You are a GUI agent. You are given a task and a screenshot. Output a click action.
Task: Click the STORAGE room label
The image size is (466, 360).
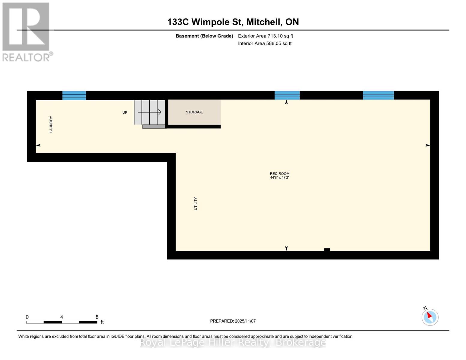tap(194, 112)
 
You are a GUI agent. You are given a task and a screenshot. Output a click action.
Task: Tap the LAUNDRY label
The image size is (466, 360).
tap(51, 124)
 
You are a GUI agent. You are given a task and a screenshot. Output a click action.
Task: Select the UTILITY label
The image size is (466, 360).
tap(196, 203)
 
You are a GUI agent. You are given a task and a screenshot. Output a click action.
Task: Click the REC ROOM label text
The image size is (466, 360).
tap(279, 173)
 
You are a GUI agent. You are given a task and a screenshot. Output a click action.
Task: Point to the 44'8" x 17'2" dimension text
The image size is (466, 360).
tap(279, 178)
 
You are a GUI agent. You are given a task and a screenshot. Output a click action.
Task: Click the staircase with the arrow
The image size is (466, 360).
tap(149, 112)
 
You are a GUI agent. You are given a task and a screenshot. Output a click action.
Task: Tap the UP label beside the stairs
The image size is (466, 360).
tap(125, 112)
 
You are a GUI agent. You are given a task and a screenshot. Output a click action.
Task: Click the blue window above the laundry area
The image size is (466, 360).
tap(74, 95)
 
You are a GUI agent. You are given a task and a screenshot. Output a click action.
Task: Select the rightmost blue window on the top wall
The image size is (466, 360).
tap(378, 95)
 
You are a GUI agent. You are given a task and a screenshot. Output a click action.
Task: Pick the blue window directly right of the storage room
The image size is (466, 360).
tap(287, 95)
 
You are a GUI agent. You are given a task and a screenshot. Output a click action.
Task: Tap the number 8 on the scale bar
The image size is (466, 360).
tap(97, 317)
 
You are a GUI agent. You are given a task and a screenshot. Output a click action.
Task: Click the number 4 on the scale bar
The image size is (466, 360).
tap(62, 317)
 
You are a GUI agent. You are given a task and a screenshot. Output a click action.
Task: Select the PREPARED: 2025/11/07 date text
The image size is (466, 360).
tap(233, 321)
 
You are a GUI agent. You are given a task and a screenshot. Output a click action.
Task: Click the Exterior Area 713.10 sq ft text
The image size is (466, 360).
tap(265, 36)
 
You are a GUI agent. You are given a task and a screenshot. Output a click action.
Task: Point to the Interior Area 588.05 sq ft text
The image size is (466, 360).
tap(265, 43)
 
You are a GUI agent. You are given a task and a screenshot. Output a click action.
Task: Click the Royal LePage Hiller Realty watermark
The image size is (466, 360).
tap(233, 342)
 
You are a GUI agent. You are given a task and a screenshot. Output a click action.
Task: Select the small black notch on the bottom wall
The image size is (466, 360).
tap(327, 250)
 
